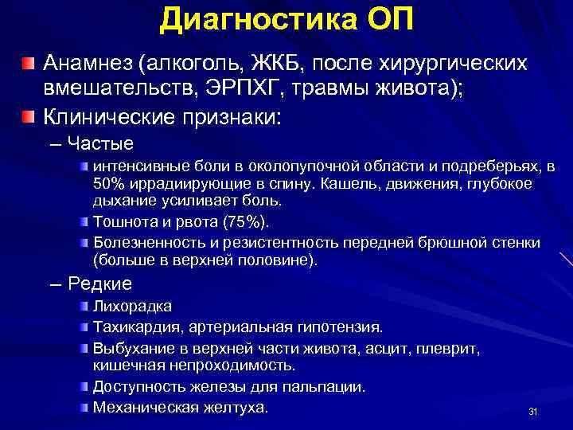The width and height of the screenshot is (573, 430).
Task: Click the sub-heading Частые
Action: click(x=100, y=144)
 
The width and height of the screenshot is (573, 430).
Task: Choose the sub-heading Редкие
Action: click(x=100, y=283)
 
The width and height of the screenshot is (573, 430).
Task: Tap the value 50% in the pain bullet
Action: click(x=109, y=184)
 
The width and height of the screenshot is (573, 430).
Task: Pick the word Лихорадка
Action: click(x=132, y=307)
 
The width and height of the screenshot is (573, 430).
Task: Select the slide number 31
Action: click(x=533, y=412)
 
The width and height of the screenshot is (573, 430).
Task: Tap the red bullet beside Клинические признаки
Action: click(x=29, y=118)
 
